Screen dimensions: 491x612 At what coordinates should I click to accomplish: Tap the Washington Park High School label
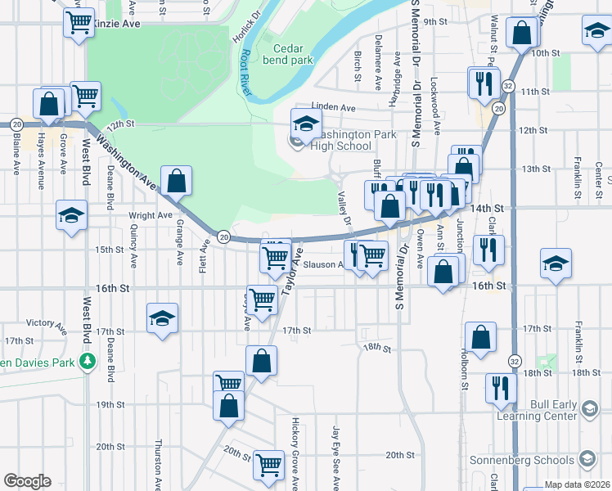click(x=345, y=140)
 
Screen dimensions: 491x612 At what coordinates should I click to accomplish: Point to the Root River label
click(x=245, y=73)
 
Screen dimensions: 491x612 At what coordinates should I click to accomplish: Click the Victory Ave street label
click(x=46, y=322)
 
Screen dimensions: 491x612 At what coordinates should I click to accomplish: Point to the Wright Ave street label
click(x=151, y=215)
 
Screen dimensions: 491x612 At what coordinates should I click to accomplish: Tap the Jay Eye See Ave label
click(x=335, y=455)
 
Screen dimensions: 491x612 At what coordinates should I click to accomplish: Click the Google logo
click(x=27, y=481)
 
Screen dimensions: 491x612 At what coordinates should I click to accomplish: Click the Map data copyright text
click(x=577, y=484)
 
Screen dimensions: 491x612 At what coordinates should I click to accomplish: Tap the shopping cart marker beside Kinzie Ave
click(x=78, y=25)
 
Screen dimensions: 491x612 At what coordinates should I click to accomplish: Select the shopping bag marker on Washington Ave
click(x=176, y=181)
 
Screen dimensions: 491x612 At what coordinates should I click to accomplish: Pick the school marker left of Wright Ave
click(x=71, y=215)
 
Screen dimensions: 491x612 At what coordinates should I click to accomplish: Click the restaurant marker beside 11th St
click(x=484, y=83)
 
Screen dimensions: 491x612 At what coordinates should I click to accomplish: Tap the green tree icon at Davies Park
click(x=87, y=361)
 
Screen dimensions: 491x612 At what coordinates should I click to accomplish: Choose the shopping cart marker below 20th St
click(x=268, y=465)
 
